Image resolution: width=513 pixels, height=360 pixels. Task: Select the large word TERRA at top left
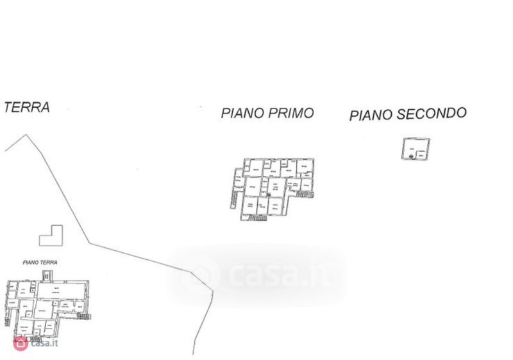point(27,107)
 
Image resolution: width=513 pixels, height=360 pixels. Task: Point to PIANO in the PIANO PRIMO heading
point(240,114)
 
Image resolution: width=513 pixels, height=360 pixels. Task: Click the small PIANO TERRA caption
point(40,262)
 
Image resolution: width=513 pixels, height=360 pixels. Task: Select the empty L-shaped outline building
point(51,236)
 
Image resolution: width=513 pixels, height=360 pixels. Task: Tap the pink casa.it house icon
point(21,343)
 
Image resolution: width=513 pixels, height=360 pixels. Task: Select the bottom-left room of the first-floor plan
point(249,205)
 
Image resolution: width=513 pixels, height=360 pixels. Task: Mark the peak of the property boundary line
point(25,135)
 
